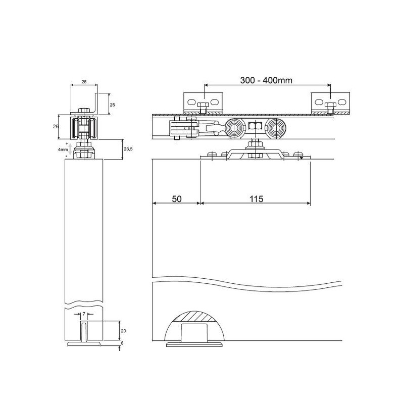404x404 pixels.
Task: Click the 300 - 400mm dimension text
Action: coord(266,80)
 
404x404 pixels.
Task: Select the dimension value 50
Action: coord(177,199)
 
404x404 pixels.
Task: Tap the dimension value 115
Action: coord(257,199)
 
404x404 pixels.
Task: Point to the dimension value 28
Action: coord(84,82)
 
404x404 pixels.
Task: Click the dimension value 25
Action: coord(113,105)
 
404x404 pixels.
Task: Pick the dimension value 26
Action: coord(56,127)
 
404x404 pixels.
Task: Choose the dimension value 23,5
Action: coord(128,149)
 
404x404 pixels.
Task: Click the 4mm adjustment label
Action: coord(63,149)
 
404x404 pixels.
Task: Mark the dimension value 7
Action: coord(84,314)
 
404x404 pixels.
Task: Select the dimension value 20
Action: coord(123,331)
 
